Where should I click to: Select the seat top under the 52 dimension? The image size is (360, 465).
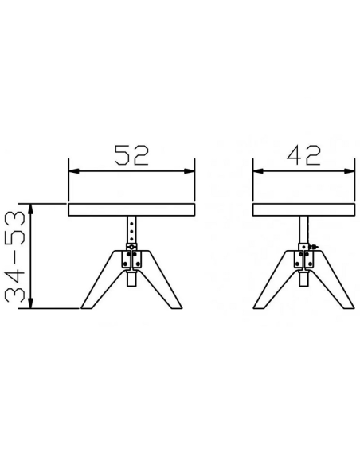131,209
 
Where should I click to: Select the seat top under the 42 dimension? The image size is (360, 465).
303,209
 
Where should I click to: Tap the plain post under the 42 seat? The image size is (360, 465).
303,231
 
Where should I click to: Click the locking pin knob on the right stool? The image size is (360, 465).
315,248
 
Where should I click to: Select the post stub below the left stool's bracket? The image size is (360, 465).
131,279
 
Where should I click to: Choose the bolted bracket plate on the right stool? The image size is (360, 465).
303,260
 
